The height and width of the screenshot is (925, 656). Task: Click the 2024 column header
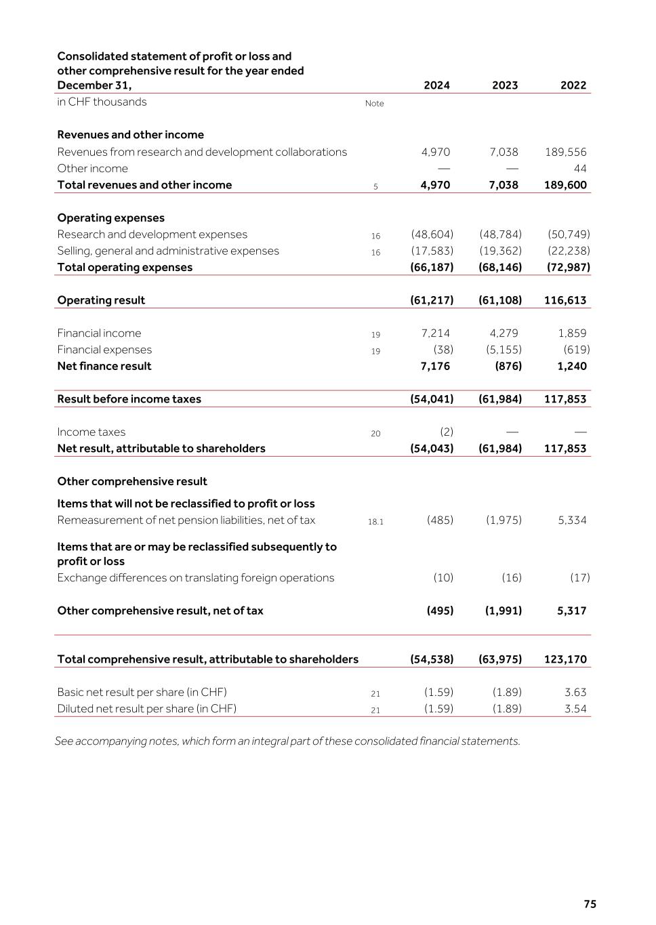point(436,85)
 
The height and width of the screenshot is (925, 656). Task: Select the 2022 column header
point(573,85)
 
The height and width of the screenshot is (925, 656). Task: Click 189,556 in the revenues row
point(566,152)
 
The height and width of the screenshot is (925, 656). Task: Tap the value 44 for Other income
point(580,169)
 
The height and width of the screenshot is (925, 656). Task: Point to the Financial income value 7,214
point(435,333)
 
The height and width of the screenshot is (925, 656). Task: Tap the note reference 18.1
point(375,522)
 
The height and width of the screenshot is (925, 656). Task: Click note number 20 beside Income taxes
point(375,434)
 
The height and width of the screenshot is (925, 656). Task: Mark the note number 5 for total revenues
point(375,186)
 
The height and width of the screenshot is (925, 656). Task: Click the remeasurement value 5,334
point(572,520)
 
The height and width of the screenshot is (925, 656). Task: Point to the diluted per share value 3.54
point(575,709)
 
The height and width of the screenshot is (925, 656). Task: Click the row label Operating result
point(101,300)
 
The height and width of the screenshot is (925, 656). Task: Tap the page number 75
point(590,904)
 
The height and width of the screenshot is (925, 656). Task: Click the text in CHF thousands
point(102,102)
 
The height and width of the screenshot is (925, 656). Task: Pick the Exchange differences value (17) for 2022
point(579,577)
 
